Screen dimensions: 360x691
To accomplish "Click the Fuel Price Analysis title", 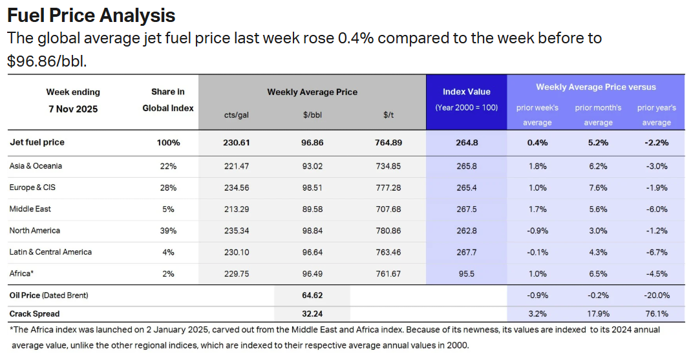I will [91, 15].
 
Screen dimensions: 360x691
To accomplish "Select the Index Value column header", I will [466, 92].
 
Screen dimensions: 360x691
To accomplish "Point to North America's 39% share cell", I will [168, 231].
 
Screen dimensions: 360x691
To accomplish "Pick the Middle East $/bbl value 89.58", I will [312, 209].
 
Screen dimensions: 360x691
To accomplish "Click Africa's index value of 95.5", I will [466, 273].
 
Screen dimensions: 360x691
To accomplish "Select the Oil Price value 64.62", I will [312, 295].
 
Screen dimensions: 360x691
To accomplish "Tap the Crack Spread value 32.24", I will [312, 314].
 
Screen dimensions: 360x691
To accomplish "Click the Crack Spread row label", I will [34, 314].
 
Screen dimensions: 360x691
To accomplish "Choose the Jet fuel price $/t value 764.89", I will [388, 142].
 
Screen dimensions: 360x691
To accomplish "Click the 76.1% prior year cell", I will [657, 314].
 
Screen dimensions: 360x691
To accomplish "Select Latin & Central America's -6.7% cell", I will [657, 252].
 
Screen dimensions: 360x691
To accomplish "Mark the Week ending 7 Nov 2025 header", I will [73, 101].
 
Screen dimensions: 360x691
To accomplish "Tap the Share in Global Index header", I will [168, 100].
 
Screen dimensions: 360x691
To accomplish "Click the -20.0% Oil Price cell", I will [657, 295].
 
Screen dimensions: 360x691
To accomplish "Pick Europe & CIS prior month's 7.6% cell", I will [598, 187].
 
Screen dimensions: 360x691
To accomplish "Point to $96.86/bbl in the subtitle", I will [47, 62].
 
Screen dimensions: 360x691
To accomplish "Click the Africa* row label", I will [21, 273].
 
